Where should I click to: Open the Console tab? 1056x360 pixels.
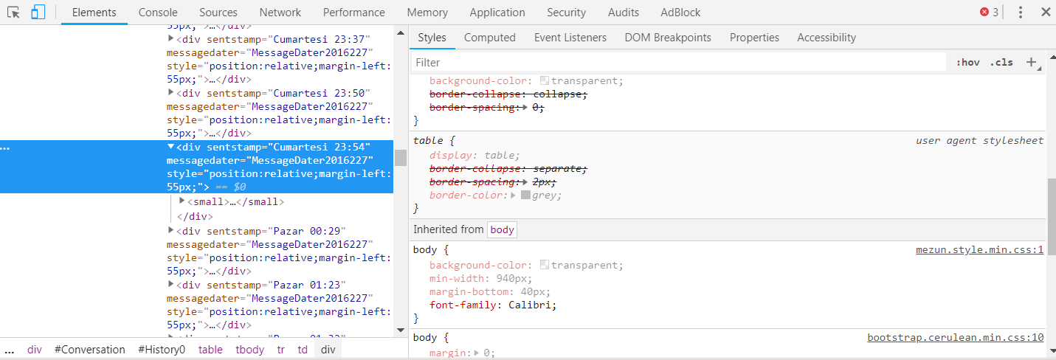(x=158, y=13)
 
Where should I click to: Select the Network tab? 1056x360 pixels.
(x=280, y=13)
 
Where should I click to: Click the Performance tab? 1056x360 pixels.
(x=353, y=13)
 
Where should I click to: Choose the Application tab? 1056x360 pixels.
(x=497, y=13)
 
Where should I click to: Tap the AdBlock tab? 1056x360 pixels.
(x=680, y=13)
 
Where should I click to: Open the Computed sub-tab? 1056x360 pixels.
(x=490, y=38)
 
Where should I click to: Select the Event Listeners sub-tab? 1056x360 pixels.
(x=570, y=38)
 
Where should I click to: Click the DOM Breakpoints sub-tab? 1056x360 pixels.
(x=668, y=38)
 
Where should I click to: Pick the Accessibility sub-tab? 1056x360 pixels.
(x=826, y=38)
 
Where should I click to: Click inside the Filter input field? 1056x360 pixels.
(x=679, y=62)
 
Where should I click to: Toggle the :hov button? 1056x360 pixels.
(x=968, y=62)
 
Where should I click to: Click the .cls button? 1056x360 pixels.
(x=1001, y=62)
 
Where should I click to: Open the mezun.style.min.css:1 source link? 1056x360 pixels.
(x=980, y=250)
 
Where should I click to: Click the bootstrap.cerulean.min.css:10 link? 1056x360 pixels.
(x=956, y=337)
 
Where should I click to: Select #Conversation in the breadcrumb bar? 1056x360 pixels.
(x=89, y=350)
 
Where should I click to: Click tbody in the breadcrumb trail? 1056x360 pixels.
(x=250, y=350)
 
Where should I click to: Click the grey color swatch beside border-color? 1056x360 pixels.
(x=525, y=195)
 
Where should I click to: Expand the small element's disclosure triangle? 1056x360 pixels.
(x=182, y=201)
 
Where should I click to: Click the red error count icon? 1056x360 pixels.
(x=984, y=13)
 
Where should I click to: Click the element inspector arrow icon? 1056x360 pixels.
(x=14, y=13)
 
